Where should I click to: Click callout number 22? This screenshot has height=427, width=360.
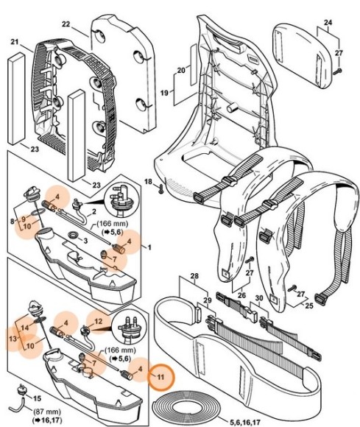(x=66, y=24)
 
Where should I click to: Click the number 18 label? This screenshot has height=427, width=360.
(x=147, y=181)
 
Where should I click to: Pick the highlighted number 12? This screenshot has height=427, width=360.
(x=98, y=321)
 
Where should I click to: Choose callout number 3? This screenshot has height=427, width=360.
(x=87, y=241)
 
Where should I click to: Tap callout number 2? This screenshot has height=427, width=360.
(x=94, y=212)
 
